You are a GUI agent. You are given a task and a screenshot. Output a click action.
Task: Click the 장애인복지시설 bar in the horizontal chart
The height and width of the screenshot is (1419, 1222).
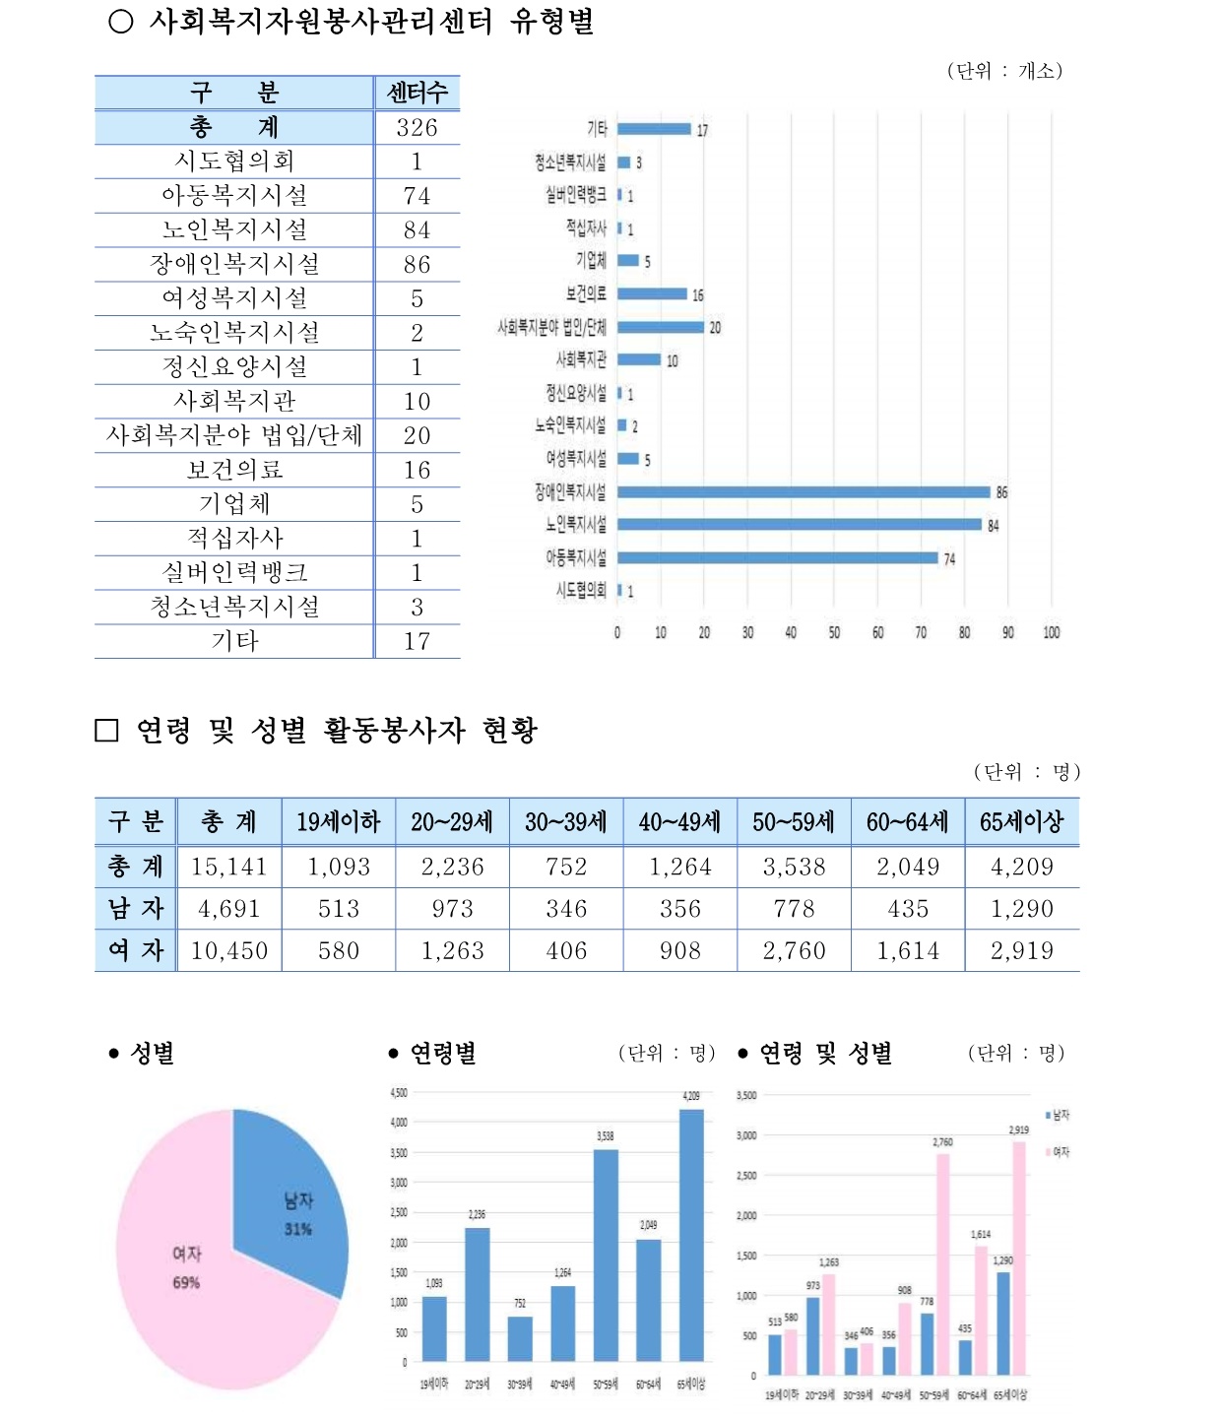[x=803, y=491]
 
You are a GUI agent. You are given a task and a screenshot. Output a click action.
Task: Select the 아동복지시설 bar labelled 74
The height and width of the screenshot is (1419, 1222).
[x=778, y=557]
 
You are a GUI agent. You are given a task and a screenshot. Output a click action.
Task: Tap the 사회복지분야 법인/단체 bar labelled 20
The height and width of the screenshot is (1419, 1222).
[x=661, y=327]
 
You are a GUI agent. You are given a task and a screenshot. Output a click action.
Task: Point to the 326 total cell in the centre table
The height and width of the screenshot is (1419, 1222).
[x=417, y=128]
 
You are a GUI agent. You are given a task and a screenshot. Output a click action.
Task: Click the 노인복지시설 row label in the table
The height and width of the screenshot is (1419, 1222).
[x=234, y=230]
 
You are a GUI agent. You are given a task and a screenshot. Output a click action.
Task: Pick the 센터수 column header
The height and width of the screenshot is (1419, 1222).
[x=417, y=93]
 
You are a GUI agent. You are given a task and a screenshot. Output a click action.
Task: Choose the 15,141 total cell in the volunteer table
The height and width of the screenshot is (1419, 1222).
[x=228, y=867]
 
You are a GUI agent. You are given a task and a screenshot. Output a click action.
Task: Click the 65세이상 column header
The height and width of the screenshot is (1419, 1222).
[x=1021, y=822]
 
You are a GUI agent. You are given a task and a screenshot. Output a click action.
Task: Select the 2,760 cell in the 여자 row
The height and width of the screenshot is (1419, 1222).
[x=794, y=951]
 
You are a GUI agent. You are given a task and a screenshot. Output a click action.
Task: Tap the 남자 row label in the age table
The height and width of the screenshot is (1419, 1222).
[x=135, y=909]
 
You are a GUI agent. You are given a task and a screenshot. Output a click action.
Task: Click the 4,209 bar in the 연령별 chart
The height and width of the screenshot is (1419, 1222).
[x=691, y=1236]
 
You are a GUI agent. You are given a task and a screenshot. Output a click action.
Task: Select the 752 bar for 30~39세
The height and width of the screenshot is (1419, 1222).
[x=520, y=1338]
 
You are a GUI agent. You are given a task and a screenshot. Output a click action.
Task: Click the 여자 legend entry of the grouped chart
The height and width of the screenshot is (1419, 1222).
[x=1057, y=1151]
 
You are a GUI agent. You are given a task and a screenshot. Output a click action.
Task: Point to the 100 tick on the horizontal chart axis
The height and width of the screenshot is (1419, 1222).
[x=1052, y=632]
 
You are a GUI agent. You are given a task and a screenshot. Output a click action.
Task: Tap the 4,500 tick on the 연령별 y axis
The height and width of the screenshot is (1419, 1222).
[x=399, y=1093]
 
